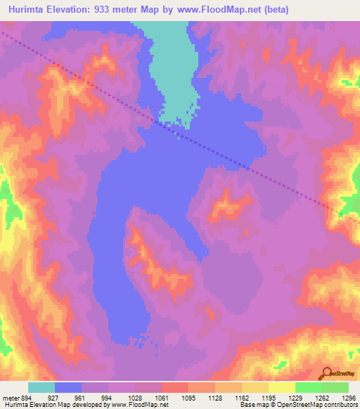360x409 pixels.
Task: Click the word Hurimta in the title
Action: [24, 10]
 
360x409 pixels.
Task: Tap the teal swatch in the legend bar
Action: [41, 387]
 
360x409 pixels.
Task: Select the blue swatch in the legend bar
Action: [68, 387]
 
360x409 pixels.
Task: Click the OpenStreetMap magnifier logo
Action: [326, 373]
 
